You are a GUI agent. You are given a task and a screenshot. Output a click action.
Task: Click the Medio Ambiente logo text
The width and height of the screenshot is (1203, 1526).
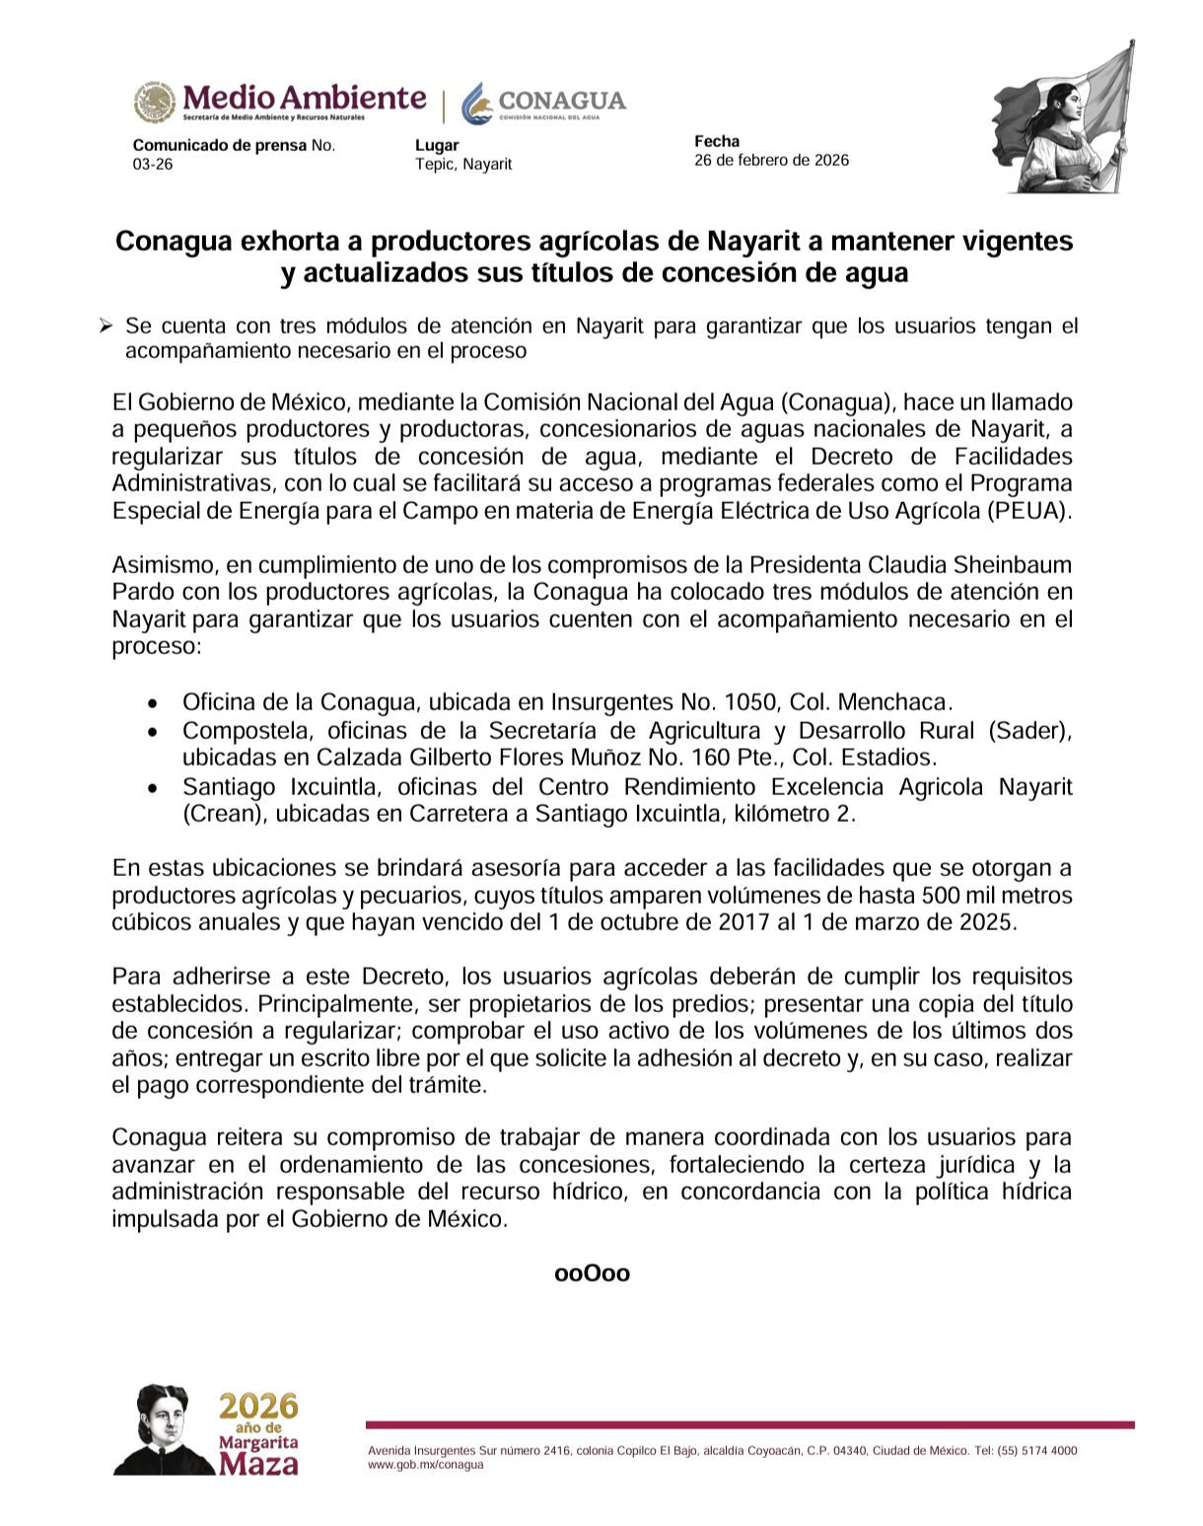point(303,98)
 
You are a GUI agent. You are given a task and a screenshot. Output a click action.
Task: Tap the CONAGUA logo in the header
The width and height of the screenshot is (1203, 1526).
point(544,102)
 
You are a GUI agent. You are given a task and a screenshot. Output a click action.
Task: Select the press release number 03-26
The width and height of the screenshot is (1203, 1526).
point(153,164)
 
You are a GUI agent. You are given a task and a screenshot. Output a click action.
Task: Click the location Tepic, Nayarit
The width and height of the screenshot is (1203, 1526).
point(463,164)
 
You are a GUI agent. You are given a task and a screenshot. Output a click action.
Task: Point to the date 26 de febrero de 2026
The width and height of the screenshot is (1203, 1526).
point(771,160)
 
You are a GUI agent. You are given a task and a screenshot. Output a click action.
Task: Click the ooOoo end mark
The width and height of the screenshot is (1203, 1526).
point(593,1273)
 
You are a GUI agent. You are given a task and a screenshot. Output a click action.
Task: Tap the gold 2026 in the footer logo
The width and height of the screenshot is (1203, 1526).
point(258,1406)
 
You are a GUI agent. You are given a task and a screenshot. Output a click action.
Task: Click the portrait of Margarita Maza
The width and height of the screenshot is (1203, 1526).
point(163,1429)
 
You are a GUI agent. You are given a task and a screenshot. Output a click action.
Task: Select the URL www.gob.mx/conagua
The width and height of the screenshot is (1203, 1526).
point(426,1465)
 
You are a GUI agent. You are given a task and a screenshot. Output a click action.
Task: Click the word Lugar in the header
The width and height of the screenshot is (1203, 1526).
point(437,146)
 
